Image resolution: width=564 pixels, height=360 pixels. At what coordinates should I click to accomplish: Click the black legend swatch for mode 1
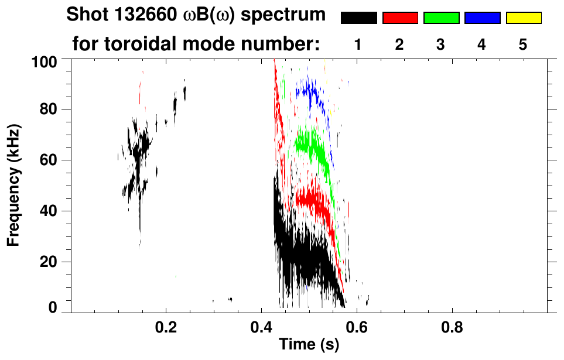coord(358,18)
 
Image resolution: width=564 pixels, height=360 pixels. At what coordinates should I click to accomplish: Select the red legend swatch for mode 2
coord(400,18)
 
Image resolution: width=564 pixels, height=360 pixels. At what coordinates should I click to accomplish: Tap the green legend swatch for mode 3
coord(441,18)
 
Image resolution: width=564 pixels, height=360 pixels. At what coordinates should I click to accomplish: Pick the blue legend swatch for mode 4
coord(482,18)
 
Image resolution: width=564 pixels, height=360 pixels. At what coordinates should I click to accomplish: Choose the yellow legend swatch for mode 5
coord(523,18)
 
